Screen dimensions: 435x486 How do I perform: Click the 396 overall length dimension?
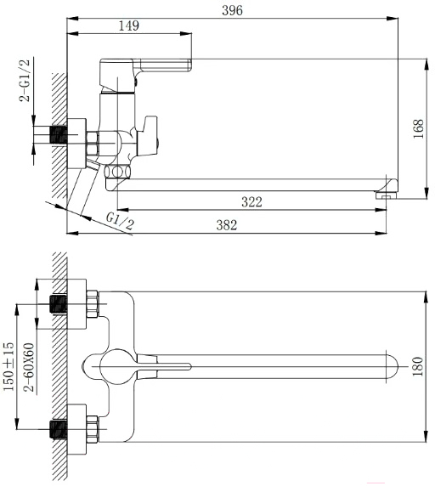pyautogui.click(x=233, y=10)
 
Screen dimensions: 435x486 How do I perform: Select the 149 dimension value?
pyautogui.click(x=129, y=25)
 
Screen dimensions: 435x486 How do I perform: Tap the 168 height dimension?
pyautogui.click(x=418, y=129)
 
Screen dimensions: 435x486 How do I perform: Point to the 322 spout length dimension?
pyautogui.click(x=251, y=202)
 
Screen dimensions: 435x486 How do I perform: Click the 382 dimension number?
pyautogui.click(x=227, y=225)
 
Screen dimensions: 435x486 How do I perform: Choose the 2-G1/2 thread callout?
pyautogui.click(x=25, y=80)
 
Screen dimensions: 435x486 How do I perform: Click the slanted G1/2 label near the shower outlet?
pyautogui.click(x=120, y=220)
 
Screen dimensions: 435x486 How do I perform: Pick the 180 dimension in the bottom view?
pyautogui.click(x=418, y=367)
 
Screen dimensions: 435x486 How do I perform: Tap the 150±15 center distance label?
pyautogui.click(x=8, y=366)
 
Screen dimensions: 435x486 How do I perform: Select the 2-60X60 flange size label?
pyautogui.click(x=29, y=368)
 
